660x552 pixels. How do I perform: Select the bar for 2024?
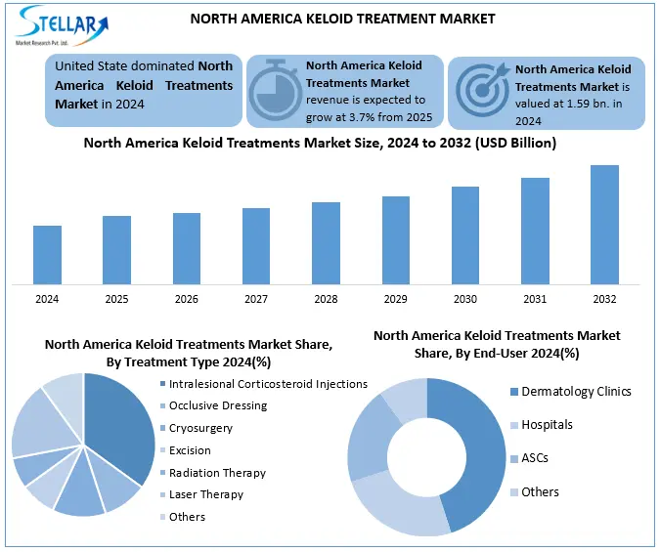click(47, 255)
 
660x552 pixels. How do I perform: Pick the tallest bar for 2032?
click(604, 225)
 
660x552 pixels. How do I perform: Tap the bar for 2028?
click(326, 243)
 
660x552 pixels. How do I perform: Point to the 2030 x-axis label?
click(465, 298)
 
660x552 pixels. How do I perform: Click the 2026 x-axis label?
click(187, 298)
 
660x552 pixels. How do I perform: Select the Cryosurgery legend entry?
click(202, 428)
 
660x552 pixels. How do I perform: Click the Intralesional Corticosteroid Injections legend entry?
click(267, 384)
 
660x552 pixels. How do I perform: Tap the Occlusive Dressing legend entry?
click(217, 405)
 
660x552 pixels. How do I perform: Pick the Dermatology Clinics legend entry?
click(576, 392)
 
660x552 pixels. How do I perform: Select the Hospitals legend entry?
click(547, 425)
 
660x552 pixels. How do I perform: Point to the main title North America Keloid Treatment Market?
click(342, 19)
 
